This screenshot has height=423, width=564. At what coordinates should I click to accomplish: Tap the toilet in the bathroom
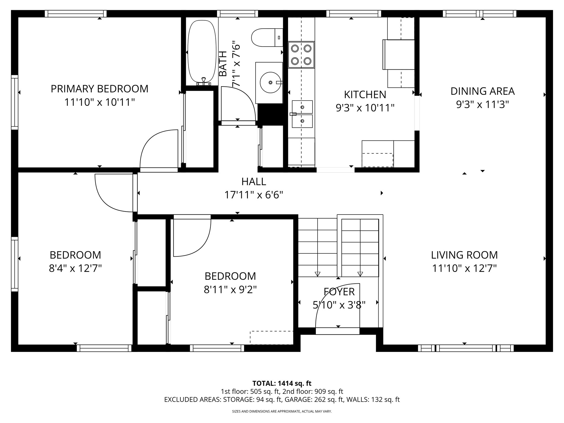pos(264,37)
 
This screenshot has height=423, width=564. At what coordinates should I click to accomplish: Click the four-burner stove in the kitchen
pos(301,55)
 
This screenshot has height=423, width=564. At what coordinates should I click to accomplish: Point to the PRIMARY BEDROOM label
pos(99,89)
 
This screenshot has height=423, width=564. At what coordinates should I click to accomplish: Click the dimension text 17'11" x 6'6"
pos(254,195)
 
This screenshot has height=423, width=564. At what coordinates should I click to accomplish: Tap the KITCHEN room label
pos(365,95)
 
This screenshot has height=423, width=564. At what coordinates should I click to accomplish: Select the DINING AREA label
pos(482,91)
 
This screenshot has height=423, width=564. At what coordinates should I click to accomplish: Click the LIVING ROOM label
pos(464,255)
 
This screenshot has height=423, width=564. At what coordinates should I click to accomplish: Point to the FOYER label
pos(339,292)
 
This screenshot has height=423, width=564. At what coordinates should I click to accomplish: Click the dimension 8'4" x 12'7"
pos(75,268)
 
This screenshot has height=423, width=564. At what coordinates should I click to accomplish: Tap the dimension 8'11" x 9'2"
pos(230,290)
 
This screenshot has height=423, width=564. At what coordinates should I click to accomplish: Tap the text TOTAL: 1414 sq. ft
pos(282,383)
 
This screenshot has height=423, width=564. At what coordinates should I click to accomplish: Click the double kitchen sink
pos(302,114)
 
